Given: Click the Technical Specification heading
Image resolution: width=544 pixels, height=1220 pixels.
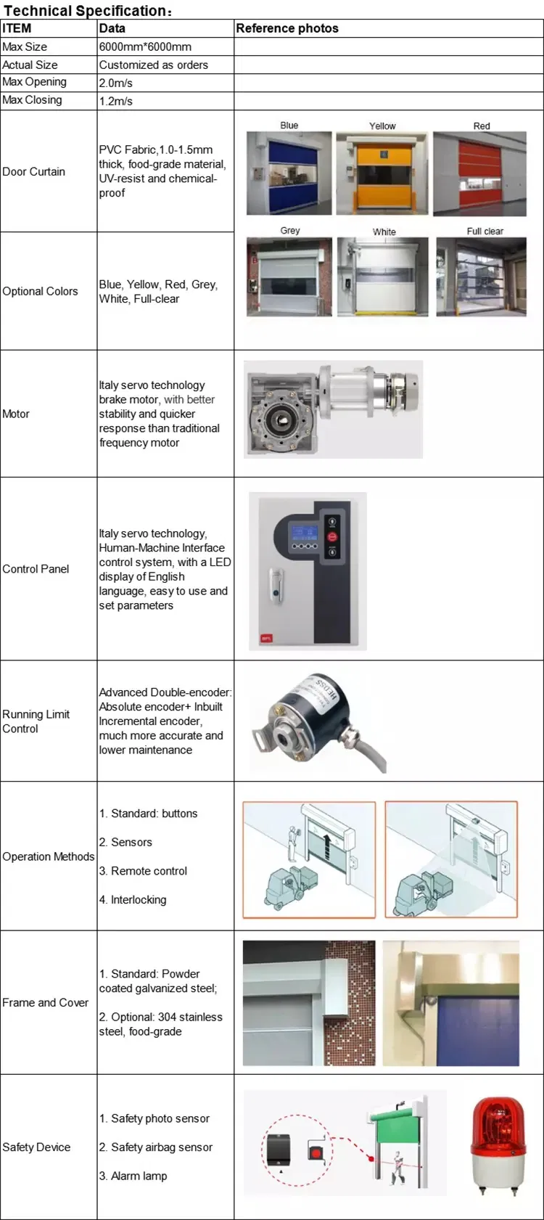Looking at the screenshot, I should pos(88,10).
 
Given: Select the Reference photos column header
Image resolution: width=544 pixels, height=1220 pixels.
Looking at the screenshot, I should pos(287,28).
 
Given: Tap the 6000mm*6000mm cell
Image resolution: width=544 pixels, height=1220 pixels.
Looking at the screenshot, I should pos(145,46).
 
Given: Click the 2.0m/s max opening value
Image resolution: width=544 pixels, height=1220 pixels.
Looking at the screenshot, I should pos(116,83).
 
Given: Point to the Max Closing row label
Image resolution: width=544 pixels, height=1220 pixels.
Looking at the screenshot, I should pos(32,100).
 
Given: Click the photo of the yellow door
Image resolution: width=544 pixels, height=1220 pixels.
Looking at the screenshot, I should pos(382,173).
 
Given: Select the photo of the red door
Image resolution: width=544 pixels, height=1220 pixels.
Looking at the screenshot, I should pos(479,173).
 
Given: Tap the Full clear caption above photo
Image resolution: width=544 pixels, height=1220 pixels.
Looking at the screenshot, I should pos(485,231).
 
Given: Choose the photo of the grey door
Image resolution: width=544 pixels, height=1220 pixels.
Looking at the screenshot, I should pos(289,277).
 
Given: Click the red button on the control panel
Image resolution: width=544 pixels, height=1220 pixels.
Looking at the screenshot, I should pos(332,537).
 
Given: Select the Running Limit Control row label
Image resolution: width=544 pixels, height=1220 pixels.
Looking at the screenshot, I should pos(36,721).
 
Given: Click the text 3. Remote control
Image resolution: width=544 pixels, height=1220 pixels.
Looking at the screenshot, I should pos(143,871).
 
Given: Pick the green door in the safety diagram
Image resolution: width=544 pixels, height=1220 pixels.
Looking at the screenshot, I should pos(396,1139).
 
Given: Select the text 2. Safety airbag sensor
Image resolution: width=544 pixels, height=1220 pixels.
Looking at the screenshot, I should pos(156,1147).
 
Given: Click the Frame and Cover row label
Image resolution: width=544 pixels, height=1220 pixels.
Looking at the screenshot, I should pos(45,1002).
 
